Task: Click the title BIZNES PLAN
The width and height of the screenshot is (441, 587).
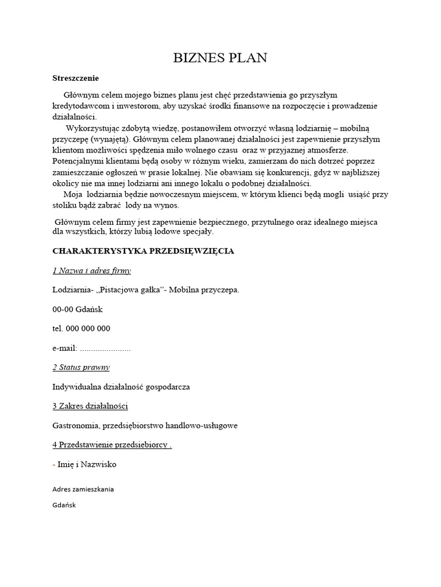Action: [220, 58]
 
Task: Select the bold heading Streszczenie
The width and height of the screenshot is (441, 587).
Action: [76, 78]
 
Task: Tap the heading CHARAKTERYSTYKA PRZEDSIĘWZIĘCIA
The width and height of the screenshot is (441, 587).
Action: [143, 251]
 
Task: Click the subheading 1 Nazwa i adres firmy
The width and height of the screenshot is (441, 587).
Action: [91, 271]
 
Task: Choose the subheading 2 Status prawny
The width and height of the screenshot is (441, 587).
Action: [81, 367]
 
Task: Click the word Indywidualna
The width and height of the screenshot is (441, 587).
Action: [76, 387]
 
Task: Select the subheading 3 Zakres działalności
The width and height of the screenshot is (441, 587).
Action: [90, 406]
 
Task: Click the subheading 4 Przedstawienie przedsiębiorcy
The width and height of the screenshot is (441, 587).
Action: [111, 445]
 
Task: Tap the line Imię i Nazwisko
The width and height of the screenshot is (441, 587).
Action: [86, 464]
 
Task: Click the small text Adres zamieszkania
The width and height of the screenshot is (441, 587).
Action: [83, 489]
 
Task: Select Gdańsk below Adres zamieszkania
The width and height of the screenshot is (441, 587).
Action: [64, 505]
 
